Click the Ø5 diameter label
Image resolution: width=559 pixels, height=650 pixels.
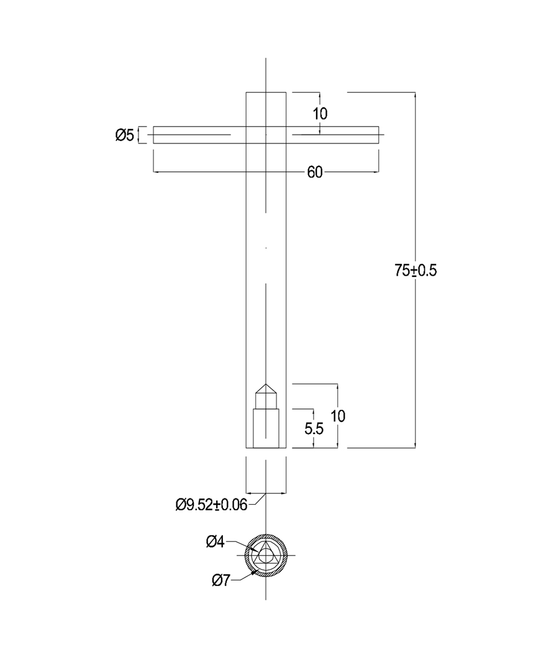(x=124, y=135)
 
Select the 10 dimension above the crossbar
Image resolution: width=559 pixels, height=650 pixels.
(x=320, y=114)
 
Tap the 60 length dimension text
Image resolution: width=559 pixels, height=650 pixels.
(x=315, y=173)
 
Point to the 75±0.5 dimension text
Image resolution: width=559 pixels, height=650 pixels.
(x=416, y=271)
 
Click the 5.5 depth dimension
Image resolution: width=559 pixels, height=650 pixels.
(x=314, y=428)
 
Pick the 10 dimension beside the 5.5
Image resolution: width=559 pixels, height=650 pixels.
(x=338, y=416)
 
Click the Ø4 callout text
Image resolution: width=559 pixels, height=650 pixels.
(x=215, y=542)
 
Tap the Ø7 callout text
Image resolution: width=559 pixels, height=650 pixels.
(x=221, y=580)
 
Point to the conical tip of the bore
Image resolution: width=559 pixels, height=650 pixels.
(x=266, y=387)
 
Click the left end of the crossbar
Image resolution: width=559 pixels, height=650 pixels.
(x=155, y=135)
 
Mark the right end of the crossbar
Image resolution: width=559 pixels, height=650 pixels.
(x=377, y=135)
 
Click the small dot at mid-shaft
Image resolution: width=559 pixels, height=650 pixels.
(x=266, y=248)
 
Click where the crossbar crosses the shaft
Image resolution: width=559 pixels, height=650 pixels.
(x=266, y=135)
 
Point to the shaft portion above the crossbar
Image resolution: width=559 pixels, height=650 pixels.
(x=266, y=109)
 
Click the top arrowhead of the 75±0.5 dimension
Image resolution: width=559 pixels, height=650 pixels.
(x=415, y=95)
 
